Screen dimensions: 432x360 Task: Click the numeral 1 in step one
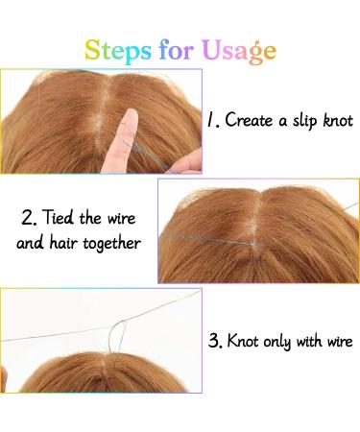[211, 122]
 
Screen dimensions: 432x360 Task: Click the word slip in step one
[300, 122]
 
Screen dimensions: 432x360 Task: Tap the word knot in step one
[337, 122]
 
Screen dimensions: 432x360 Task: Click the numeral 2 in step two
[26, 217]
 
